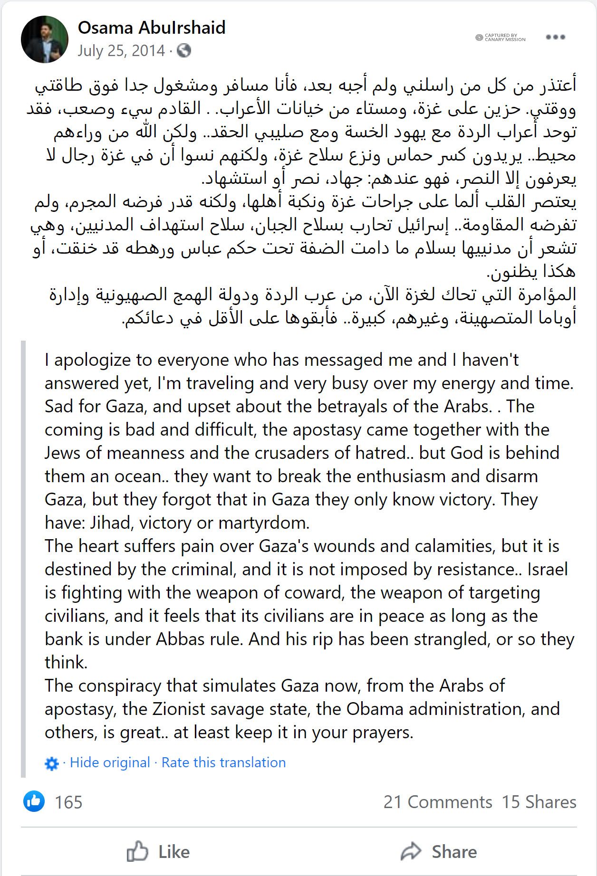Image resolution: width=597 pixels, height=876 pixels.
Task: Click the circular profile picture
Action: [45, 39]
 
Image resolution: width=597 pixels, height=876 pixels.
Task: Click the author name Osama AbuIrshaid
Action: [152, 28]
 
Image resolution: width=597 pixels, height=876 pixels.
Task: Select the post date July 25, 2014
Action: [121, 51]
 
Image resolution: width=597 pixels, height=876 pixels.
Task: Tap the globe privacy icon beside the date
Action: [184, 51]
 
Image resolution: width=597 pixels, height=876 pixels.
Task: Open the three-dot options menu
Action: [555, 37]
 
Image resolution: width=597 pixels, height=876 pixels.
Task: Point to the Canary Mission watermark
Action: [501, 38]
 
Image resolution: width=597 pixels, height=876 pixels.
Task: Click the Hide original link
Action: [110, 762]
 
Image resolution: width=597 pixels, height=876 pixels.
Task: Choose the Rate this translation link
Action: [223, 762]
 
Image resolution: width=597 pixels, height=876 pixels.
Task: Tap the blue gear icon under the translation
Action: [51, 763]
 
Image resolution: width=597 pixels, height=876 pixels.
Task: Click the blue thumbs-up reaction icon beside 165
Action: [34, 801]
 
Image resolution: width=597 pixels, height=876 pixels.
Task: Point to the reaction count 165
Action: [68, 802]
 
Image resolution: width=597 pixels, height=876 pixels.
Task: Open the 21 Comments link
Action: [438, 802]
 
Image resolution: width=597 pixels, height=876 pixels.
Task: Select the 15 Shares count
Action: [539, 802]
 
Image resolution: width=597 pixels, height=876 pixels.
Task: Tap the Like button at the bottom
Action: [158, 852]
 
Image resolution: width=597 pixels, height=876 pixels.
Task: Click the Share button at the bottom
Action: [438, 852]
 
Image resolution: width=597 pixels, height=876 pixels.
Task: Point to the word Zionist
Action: [183, 709]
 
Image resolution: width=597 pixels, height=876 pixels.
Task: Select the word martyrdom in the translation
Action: [264, 523]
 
